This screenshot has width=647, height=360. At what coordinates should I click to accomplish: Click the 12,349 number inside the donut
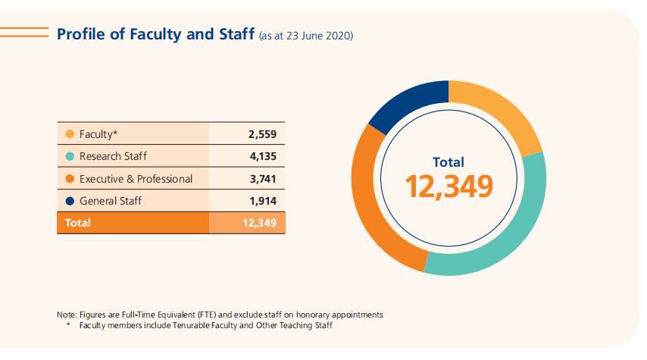(449, 186)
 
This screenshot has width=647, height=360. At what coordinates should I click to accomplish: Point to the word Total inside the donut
(449, 161)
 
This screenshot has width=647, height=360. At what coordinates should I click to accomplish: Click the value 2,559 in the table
(262, 135)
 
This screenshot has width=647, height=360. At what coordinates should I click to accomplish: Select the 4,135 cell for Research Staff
(262, 157)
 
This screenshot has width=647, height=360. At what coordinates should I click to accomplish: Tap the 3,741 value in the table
(262, 179)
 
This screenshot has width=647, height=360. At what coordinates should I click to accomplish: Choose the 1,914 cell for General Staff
(262, 201)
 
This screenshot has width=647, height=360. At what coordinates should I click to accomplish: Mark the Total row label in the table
(78, 223)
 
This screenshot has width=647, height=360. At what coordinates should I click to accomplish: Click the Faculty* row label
(99, 135)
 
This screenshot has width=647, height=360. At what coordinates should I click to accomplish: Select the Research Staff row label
(113, 157)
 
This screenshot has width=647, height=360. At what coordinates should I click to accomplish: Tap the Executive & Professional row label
(136, 179)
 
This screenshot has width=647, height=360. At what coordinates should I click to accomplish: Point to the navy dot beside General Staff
(70, 201)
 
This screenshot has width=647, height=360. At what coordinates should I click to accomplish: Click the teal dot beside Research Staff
(70, 157)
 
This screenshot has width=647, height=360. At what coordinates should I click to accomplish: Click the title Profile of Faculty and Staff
(156, 34)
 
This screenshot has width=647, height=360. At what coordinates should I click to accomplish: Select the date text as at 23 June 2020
(306, 36)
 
